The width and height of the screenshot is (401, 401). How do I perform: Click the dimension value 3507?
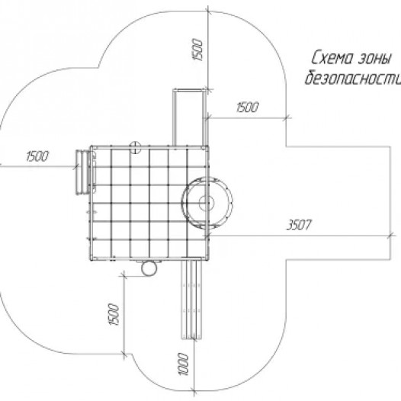tap(299, 225)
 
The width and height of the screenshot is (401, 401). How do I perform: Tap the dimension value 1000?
tap(184, 364)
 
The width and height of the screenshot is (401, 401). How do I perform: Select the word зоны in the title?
tap(375, 59)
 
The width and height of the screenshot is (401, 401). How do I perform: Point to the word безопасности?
tap(353, 77)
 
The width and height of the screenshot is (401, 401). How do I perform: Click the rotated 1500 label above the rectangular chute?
tap(197, 50)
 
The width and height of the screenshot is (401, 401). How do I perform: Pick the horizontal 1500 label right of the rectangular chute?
tap(247, 107)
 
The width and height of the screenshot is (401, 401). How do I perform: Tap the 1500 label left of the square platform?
tap(37, 156)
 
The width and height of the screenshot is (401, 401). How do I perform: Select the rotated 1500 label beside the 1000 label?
tap(114, 314)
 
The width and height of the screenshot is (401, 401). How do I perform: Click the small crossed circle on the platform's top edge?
tap(135, 147)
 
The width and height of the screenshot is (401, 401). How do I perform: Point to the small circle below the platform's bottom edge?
tap(149, 268)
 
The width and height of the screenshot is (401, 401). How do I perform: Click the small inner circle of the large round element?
tap(206, 203)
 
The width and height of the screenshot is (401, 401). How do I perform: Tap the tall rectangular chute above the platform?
tap(190, 117)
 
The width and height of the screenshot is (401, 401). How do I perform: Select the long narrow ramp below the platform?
tap(191, 300)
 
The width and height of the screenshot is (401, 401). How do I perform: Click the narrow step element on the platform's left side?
tap(82, 172)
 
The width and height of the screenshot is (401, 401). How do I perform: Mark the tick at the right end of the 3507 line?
tap(390, 236)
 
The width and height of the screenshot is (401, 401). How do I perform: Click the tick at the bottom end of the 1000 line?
tap(194, 391)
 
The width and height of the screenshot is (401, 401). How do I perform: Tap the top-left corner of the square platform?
tap(91, 147)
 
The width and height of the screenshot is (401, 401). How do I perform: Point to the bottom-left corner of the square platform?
tap(91, 259)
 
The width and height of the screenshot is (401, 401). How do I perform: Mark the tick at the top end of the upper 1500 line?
tap(208, 11)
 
